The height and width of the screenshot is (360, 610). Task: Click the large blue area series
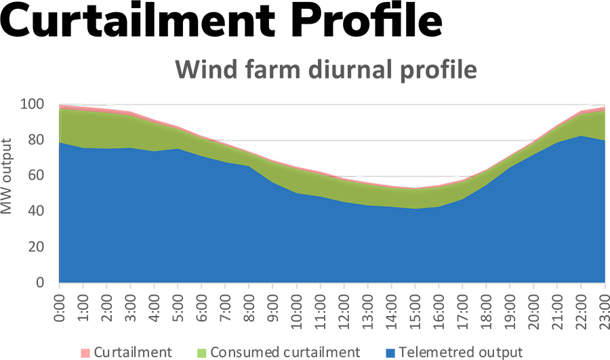point(305,244)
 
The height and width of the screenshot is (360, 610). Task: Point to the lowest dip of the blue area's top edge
point(415,209)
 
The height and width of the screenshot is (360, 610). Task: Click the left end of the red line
point(61,107)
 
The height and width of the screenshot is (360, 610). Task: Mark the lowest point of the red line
point(413,188)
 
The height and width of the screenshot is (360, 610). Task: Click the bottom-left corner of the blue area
point(62,280)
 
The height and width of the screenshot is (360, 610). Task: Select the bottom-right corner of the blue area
point(603,280)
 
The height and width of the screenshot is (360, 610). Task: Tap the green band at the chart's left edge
point(64,125)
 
